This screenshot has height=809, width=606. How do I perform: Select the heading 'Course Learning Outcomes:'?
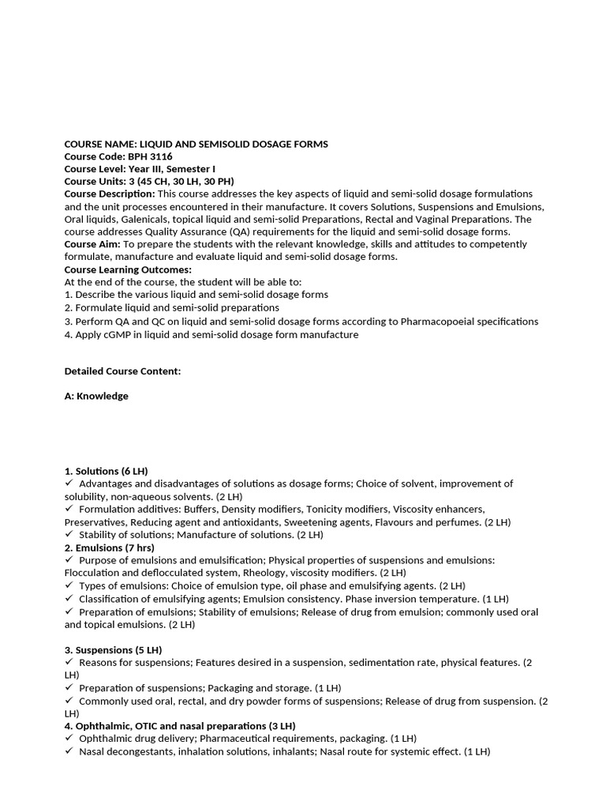pyautogui.click(x=128, y=269)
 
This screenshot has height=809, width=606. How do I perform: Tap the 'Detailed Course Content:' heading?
pyautogui.click(x=122, y=371)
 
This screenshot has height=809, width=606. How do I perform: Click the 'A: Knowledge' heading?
pyautogui.click(x=96, y=396)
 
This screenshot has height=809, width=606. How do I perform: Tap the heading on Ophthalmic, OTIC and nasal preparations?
pyautogui.click(x=180, y=725)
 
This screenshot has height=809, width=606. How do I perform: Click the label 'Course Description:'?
pyautogui.click(x=110, y=194)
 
